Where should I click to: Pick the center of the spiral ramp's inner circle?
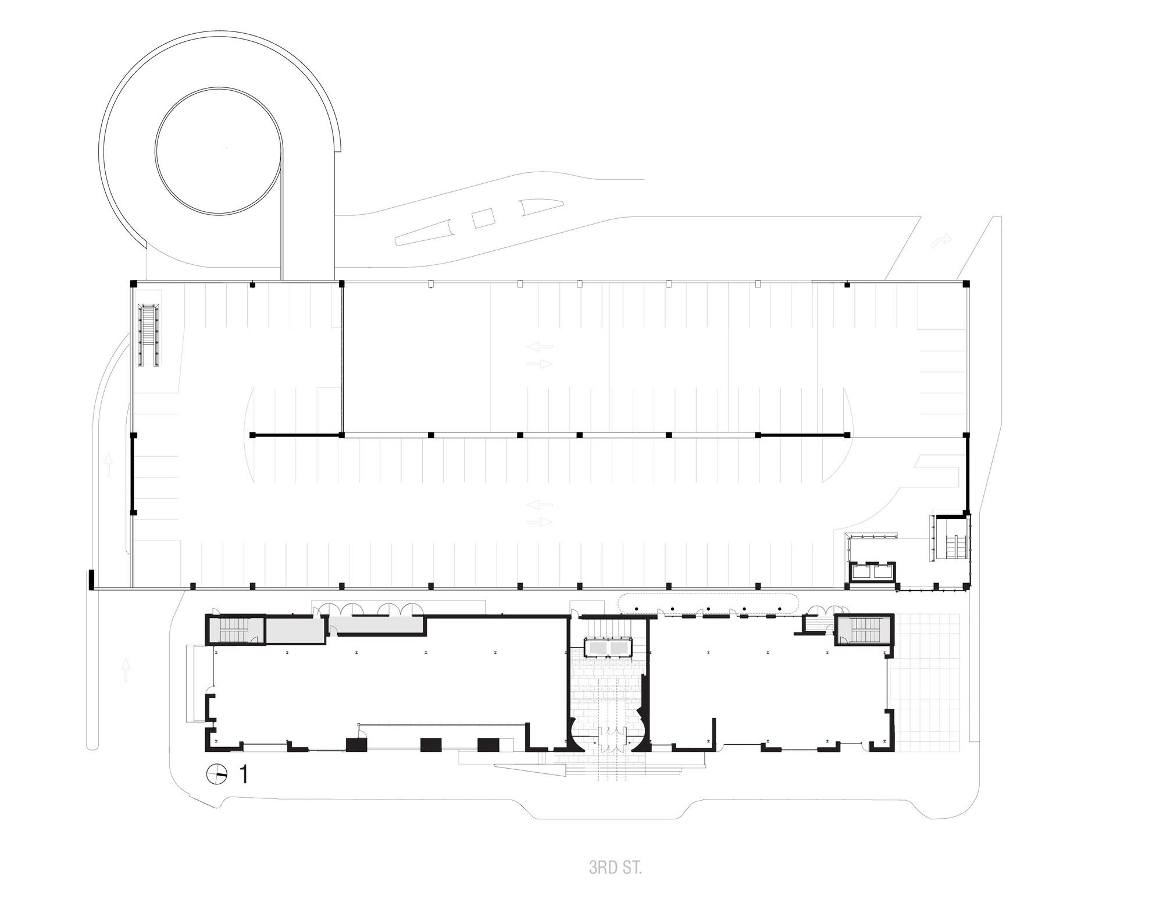click(219, 151)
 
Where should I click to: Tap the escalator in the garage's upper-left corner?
click(149, 335)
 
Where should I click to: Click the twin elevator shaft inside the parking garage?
click(872, 572)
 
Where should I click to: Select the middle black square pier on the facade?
click(431, 745)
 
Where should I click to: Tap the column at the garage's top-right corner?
click(966, 284)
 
